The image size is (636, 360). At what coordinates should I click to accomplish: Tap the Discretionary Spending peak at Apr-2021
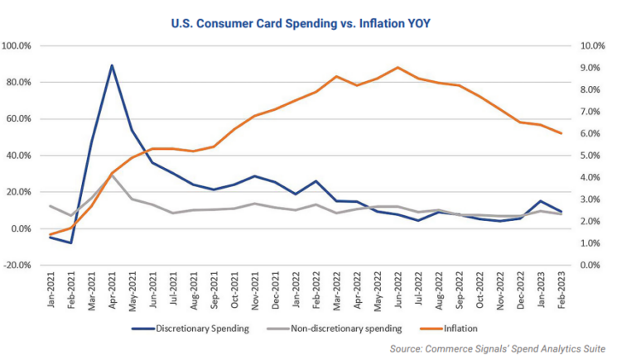[112, 65]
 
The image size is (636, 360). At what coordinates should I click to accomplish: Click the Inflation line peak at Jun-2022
[398, 68]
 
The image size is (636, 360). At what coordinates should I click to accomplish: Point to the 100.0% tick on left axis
[20, 46]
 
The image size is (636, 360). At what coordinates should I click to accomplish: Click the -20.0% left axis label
[20, 265]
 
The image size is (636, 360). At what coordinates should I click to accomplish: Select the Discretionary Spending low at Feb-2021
[71, 242]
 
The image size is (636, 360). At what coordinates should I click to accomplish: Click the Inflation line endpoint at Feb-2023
[561, 133]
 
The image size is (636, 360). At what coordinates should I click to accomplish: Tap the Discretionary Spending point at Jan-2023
[541, 201]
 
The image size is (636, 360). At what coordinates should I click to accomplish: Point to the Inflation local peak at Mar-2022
[337, 76]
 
